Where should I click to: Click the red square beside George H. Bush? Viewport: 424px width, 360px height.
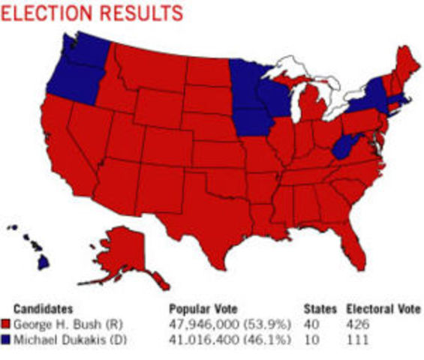[7, 324]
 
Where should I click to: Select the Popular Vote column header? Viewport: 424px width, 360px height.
[199, 309]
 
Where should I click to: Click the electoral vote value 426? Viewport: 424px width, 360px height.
[356, 324]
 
